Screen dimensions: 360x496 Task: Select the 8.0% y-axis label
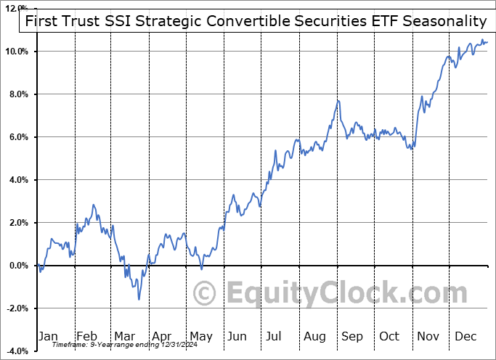click(x=19, y=94)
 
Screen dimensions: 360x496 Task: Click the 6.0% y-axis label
click(x=19, y=137)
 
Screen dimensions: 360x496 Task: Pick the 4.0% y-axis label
click(x=19, y=180)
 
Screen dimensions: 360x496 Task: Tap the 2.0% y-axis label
click(x=19, y=223)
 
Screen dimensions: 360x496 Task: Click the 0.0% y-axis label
click(x=19, y=266)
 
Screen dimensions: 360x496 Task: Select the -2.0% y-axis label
click(x=17, y=308)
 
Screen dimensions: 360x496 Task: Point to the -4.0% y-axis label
click(x=17, y=351)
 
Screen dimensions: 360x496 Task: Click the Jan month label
click(x=48, y=336)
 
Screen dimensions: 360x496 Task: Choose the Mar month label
click(x=124, y=336)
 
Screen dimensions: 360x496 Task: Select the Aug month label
click(x=315, y=336)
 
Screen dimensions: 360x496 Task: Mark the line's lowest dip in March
click(x=139, y=298)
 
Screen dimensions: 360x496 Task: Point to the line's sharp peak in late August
click(x=338, y=100)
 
